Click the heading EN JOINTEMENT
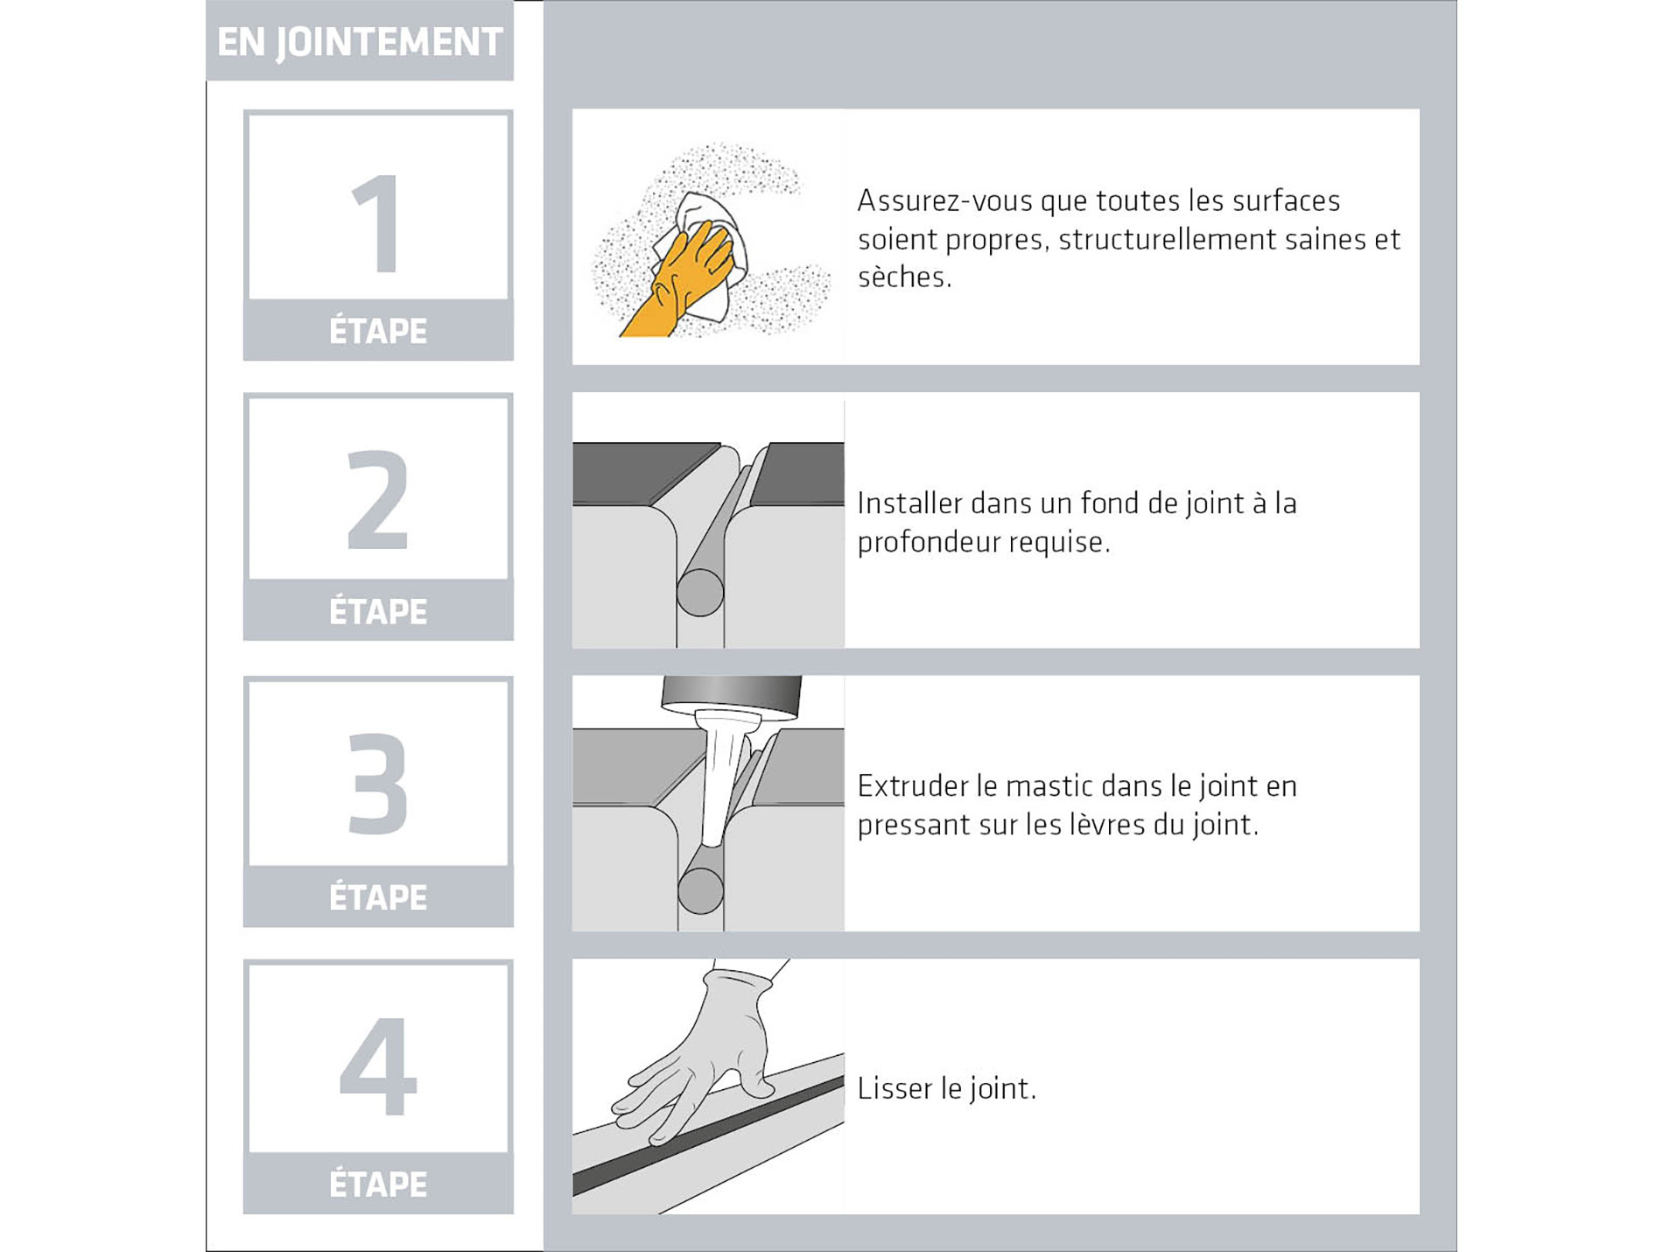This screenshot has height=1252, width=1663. click(x=360, y=42)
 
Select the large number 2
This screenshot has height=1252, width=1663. click(x=378, y=499)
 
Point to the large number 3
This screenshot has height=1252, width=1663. click(x=378, y=783)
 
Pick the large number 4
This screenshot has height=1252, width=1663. click(x=378, y=1066)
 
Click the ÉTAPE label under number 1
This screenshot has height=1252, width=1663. click(x=378, y=331)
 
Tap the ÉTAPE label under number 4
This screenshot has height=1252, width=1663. click(x=378, y=1184)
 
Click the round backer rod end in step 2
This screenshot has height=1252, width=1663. click(x=700, y=593)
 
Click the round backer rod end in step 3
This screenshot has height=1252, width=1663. click(x=700, y=890)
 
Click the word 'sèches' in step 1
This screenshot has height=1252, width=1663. click(x=904, y=277)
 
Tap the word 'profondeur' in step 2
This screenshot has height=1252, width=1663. click(x=928, y=542)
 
